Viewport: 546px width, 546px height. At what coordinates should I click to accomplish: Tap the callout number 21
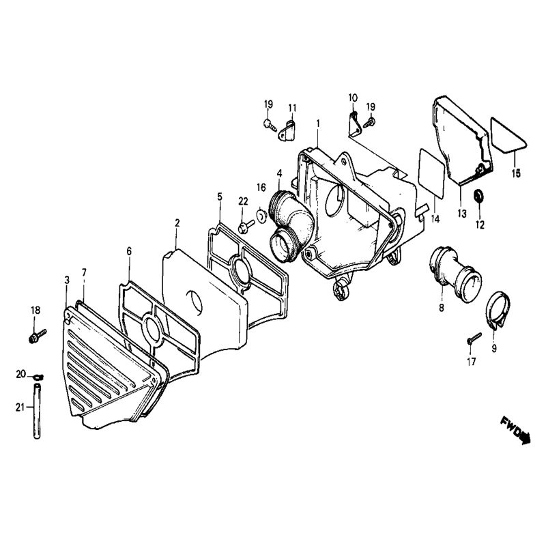[x=20, y=407]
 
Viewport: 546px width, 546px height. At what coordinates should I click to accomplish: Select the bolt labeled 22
[x=242, y=225]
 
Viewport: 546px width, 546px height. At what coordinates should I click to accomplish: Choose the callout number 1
[x=317, y=123]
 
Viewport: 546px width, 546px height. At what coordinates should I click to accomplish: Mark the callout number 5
[x=220, y=197]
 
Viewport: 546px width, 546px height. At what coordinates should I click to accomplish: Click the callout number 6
[x=128, y=251]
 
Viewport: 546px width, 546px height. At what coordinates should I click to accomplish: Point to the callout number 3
[x=66, y=281]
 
